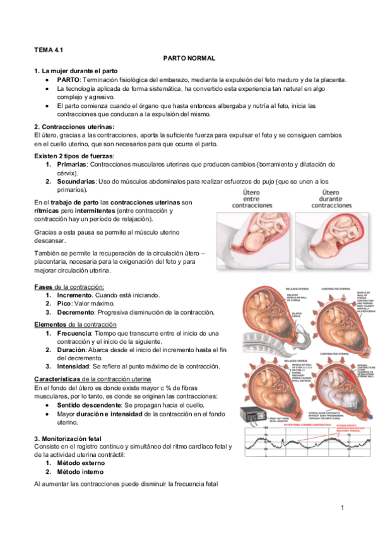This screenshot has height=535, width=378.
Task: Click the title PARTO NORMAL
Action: tap(189, 58)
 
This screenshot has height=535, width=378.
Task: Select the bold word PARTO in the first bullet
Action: tap(68, 80)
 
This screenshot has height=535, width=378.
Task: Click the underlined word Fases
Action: tap(44, 287)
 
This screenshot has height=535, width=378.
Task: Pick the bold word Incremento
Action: tap(75, 295)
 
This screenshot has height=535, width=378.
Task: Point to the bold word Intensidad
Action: tap(74, 366)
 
